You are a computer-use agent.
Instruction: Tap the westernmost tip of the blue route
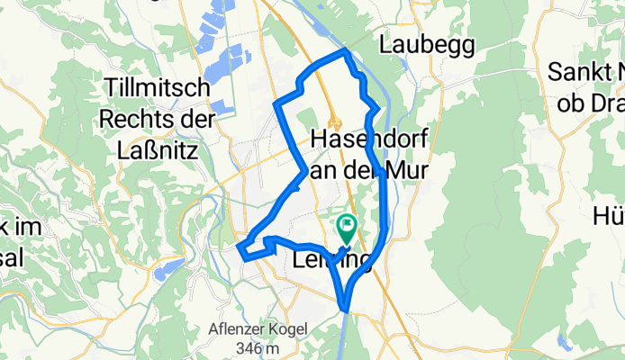pos(237,247)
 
